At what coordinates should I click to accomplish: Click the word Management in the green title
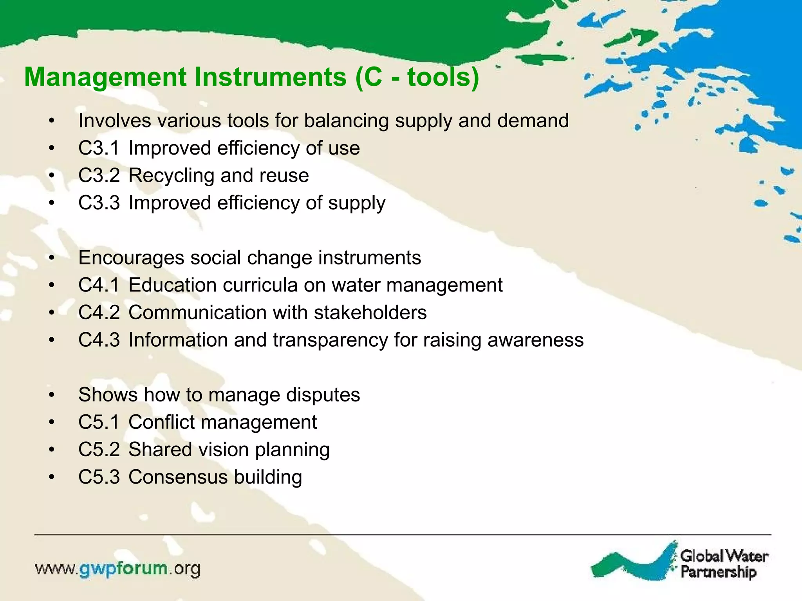[105, 77]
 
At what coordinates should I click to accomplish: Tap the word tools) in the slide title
[443, 77]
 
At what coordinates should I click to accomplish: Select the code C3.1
[99, 148]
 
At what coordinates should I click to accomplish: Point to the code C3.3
[99, 203]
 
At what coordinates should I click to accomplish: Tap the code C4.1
[99, 285]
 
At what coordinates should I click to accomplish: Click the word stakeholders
[370, 313]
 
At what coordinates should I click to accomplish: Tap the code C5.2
[99, 450]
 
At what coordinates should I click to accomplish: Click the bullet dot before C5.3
[51, 478]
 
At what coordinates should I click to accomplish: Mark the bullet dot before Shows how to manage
[51, 396]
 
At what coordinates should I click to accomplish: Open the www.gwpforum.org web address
[117, 569]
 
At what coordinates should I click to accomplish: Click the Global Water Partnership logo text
[724, 564]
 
